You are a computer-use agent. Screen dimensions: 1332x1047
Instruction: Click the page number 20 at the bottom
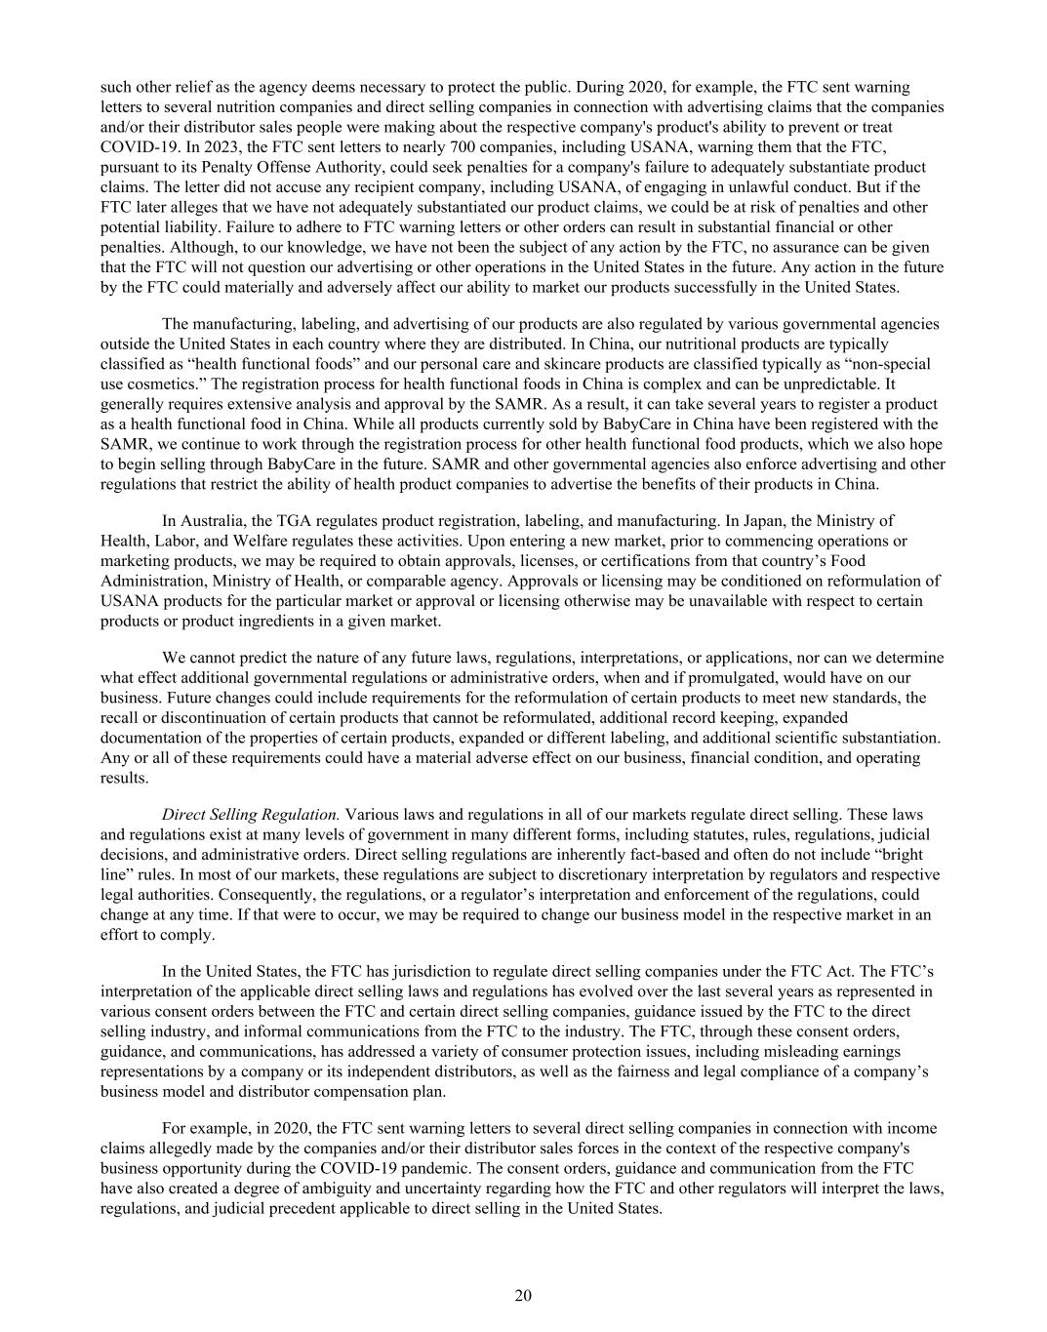pyautogui.click(x=523, y=1295)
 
